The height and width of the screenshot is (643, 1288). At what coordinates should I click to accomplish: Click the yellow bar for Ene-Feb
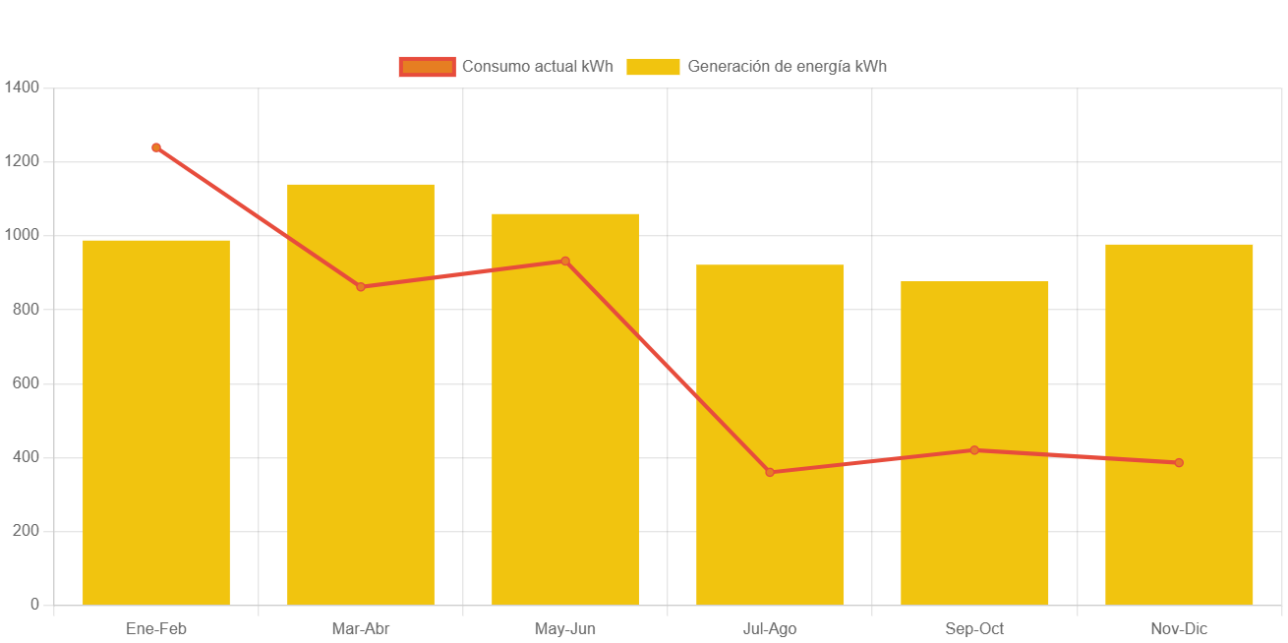click(x=156, y=423)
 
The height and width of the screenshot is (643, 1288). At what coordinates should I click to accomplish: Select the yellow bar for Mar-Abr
click(x=361, y=393)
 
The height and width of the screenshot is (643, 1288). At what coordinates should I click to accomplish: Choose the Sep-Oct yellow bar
click(x=974, y=442)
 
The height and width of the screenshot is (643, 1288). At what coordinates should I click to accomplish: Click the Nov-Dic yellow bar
click(x=1179, y=424)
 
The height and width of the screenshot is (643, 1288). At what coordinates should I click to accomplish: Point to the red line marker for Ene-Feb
click(x=156, y=147)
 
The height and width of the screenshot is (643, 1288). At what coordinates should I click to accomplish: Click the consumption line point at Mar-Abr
click(x=361, y=287)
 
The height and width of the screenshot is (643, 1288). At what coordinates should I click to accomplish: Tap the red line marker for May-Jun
click(x=565, y=261)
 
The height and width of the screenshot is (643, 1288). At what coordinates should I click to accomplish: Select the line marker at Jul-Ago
click(x=770, y=473)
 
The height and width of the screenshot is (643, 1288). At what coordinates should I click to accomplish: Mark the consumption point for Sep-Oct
click(x=974, y=450)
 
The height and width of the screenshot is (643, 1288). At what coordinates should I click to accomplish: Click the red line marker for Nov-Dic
click(x=1179, y=463)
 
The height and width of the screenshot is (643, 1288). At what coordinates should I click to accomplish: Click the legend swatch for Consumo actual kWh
click(x=427, y=67)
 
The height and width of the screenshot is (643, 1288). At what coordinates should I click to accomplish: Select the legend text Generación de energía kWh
click(x=787, y=67)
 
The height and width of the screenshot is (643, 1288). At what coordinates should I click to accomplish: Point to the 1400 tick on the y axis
click(x=22, y=88)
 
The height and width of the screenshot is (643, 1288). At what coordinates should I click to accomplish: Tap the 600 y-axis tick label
click(x=26, y=382)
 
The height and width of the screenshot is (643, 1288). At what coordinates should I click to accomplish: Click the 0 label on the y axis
click(x=34, y=604)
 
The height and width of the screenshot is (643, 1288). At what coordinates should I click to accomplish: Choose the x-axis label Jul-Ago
click(x=770, y=629)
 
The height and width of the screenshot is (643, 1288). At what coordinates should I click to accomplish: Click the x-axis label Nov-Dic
click(x=1179, y=629)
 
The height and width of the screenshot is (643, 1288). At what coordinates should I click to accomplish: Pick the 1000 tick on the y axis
click(x=22, y=235)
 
